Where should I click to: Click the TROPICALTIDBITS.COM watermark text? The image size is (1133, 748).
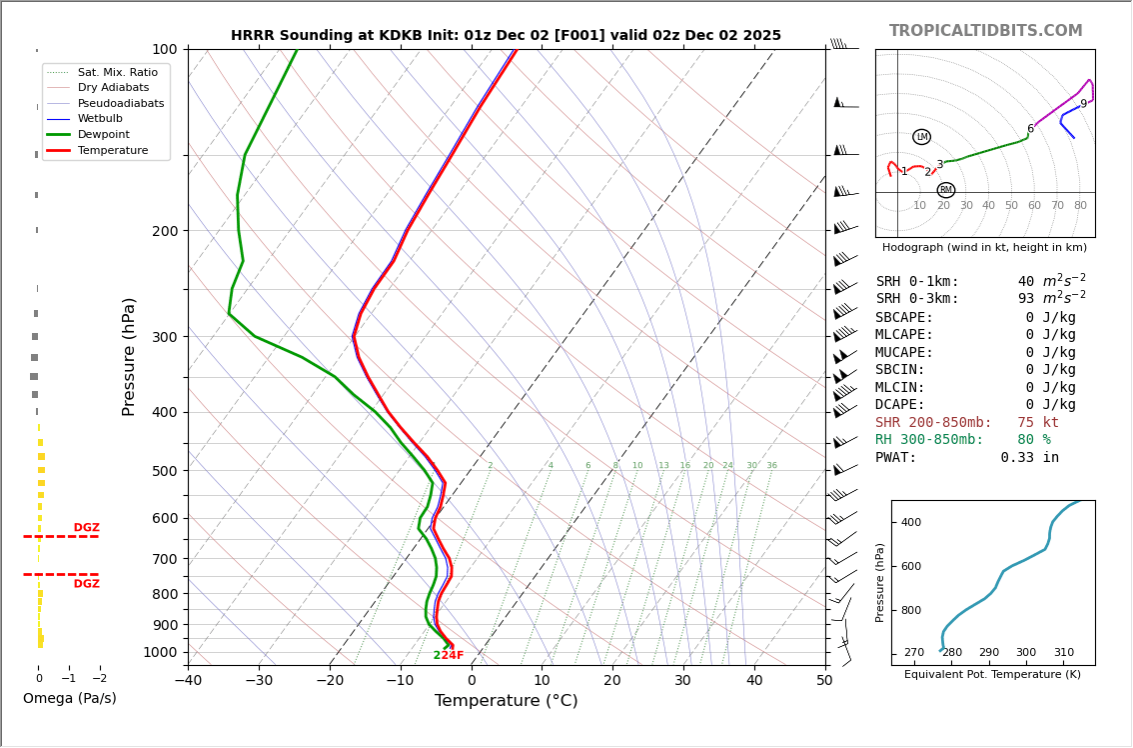coord(985,31)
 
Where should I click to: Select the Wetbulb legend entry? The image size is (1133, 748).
coord(100,118)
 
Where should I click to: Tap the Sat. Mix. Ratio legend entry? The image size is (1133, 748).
coord(117,72)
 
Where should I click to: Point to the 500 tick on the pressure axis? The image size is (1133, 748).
coord(164,471)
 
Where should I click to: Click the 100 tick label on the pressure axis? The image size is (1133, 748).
coord(164,49)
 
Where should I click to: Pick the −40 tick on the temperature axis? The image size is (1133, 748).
coord(188,681)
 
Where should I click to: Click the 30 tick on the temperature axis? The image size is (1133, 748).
coord(683,681)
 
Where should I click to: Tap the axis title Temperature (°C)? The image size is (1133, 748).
coord(506,701)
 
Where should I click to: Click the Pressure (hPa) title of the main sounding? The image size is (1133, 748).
coord(129,356)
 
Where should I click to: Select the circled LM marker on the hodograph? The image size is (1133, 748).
coord(921,137)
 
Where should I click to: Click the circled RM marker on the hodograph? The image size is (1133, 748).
coord(945,190)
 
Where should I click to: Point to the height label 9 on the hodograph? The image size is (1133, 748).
coord(1083,104)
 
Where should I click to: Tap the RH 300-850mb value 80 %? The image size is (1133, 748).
coord(1033,440)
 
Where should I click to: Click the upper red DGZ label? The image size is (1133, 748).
coord(86,528)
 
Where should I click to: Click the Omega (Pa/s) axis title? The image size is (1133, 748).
coord(70,699)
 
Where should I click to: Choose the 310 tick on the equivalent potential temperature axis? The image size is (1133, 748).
coord(1063,653)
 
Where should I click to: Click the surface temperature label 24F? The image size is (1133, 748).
coord(453,656)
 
